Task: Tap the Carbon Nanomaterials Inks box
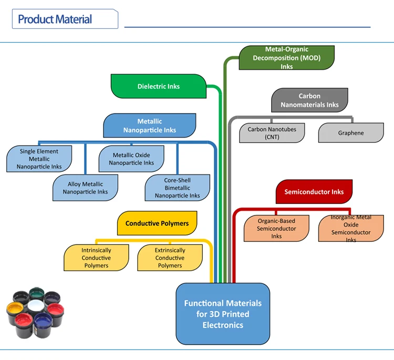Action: click(309, 100)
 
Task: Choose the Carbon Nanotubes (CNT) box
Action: click(272, 133)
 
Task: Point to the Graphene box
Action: click(350, 133)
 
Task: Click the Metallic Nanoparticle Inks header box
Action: click(150, 126)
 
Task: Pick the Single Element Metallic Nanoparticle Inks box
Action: click(39, 159)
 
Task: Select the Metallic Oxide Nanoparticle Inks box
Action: click(131, 159)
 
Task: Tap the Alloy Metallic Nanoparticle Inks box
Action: click(85, 188)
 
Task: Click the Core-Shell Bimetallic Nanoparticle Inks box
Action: click(177, 188)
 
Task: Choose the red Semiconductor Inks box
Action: click(314, 192)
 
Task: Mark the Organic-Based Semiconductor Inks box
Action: click(276, 229)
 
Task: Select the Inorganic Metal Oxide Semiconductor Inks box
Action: click(351, 229)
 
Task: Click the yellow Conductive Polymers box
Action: click(157, 223)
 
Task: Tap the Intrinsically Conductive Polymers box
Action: click(96, 258)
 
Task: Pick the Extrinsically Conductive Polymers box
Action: click(170, 258)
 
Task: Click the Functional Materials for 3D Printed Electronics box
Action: click(222, 314)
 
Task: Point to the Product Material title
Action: click(55, 20)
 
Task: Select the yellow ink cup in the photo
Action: click(14, 310)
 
